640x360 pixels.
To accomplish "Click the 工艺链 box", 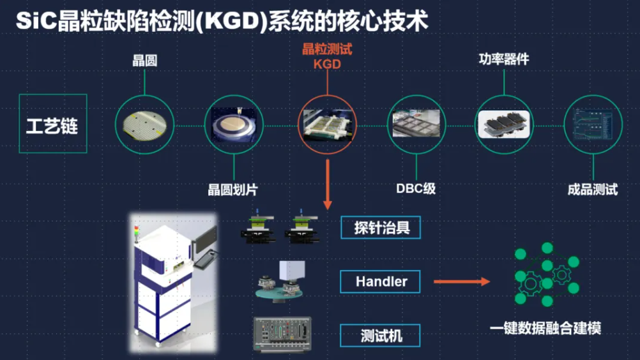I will coord(52,124).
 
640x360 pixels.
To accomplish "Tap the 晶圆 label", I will coord(144,61).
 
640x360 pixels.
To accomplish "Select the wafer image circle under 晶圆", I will coord(144,124).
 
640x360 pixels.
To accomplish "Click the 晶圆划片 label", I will coord(233,190).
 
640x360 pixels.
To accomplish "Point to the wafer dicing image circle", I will coord(234,124).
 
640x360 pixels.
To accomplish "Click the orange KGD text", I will coord(327,64).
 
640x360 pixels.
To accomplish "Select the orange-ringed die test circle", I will coord(327,124).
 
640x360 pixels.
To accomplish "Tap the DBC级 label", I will coord(416,189).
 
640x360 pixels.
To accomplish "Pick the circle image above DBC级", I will coord(416,124).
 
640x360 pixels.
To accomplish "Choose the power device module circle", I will coord(504,124).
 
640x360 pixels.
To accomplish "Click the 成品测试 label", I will coord(593,190).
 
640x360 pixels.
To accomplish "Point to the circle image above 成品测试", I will coord(593,124).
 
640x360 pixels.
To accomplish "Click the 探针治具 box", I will coord(381,227).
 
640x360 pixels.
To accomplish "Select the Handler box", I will coord(381,281).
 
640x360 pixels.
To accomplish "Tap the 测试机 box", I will coord(381,335).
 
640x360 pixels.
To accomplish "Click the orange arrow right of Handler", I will coord(461,281).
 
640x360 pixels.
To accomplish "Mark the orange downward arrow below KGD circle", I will coord(328,185).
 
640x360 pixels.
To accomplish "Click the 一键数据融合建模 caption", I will coord(545,329).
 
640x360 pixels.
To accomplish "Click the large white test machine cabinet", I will coord(163,281).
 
